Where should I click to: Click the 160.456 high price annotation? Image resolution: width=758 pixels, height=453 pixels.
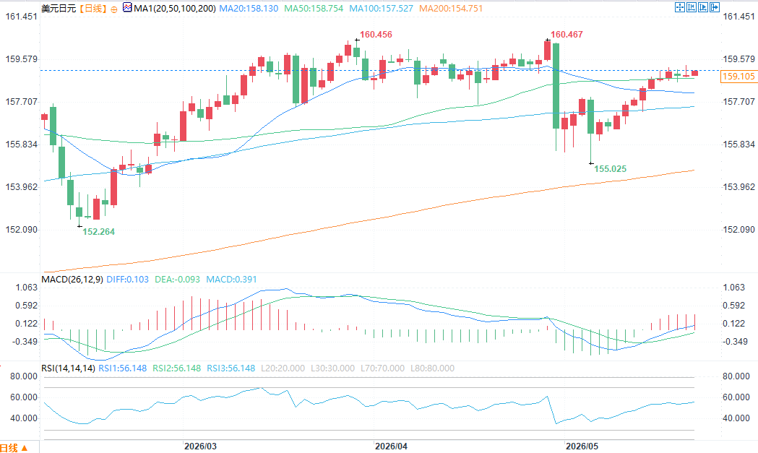pyautogui.click(x=376, y=35)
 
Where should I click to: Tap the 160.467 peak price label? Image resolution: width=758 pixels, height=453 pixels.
pyautogui.click(x=567, y=35)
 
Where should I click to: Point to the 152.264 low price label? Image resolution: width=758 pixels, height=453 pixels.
pyautogui.click(x=98, y=232)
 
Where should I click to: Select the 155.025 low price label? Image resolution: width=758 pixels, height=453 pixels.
pyautogui.click(x=610, y=169)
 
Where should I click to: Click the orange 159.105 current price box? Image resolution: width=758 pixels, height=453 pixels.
pyautogui.click(x=738, y=77)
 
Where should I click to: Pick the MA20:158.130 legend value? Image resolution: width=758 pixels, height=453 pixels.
pyautogui.click(x=249, y=8)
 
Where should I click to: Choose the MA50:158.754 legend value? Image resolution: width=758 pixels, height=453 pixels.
pyautogui.click(x=314, y=8)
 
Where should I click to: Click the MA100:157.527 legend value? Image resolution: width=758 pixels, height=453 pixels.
pyautogui.click(x=381, y=8)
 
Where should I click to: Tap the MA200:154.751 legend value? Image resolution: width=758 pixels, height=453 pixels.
pyautogui.click(x=451, y=8)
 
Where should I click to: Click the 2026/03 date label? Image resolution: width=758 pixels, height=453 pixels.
pyautogui.click(x=201, y=446)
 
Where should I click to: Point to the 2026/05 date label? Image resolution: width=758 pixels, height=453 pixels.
pyautogui.click(x=582, y=446)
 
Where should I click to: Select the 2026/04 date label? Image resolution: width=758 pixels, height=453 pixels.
pyautogui.click(x=391, y=446)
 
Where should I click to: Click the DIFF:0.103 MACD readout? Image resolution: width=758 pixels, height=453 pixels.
pyautogui.click(x=128, y=280)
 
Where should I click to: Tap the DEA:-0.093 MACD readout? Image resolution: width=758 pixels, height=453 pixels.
pyautogui.click(x=178, y=280)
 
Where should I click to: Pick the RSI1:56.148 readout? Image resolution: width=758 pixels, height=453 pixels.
pyautogui.click(x=122, y=368)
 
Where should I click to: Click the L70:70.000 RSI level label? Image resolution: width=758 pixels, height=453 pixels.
pyautogui.click(x=382, y=368)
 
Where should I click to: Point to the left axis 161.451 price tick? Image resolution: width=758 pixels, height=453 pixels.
pyautogui.click(x=21, y=17)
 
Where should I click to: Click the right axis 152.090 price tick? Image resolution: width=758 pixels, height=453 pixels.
pyautogui.click(x=738, y=229)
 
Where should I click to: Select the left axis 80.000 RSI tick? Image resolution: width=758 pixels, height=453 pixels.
pyautogui.click(x=24, y=376)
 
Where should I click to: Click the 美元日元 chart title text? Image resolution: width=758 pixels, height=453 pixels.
pyautogui.click(x=59, y=8)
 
